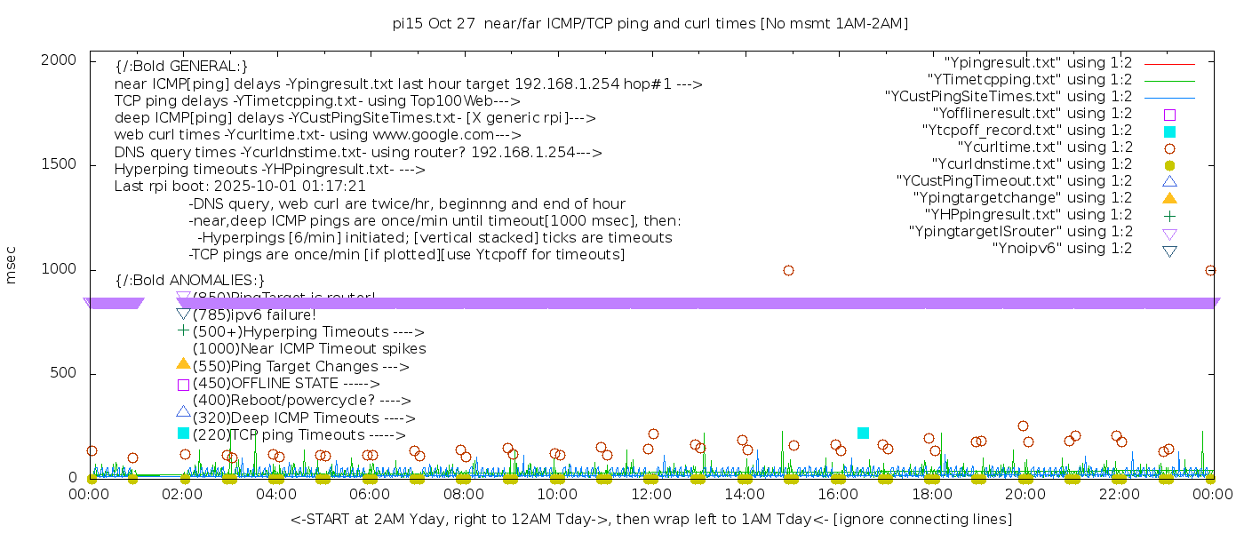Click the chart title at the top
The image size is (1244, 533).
coord(650,24)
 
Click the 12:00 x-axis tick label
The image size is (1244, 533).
coord(650,495)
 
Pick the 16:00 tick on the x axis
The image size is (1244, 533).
coord(838,495)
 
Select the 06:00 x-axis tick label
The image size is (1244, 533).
coord(370,495)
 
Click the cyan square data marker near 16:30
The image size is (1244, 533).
coord(863,433)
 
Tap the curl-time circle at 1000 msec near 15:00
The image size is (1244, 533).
coord(788,270)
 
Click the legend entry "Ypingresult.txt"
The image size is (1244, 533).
coord(1038,63)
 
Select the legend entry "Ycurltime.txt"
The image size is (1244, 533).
coord(1044,147)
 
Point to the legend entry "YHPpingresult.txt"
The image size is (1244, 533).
coord(1028,215)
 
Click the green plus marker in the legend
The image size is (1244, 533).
coord(1169,216)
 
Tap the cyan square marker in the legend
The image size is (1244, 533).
coord(1169,131)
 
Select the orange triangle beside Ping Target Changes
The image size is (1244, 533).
coord(183,363)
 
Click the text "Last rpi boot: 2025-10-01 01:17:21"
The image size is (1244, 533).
coord(240,187)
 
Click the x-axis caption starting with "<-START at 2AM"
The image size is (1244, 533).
coord(650,519)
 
